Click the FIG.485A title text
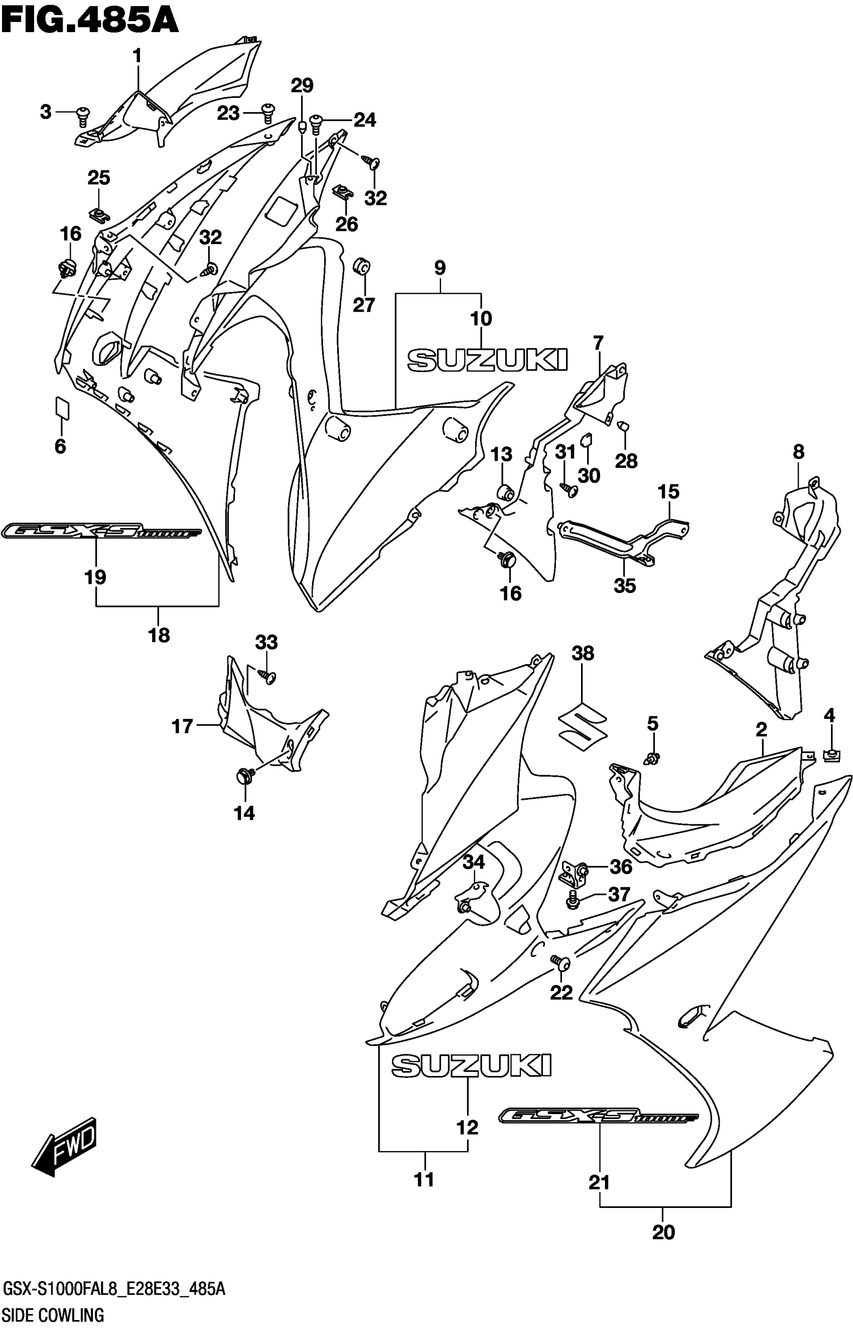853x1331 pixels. [90, 21]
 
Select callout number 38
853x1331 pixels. [583, 653]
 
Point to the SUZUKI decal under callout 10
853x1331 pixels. [487, 360]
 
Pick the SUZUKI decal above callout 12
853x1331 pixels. [471, 1065]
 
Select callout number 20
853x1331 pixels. [663, 1233]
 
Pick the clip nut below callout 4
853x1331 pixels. [829, 755]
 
